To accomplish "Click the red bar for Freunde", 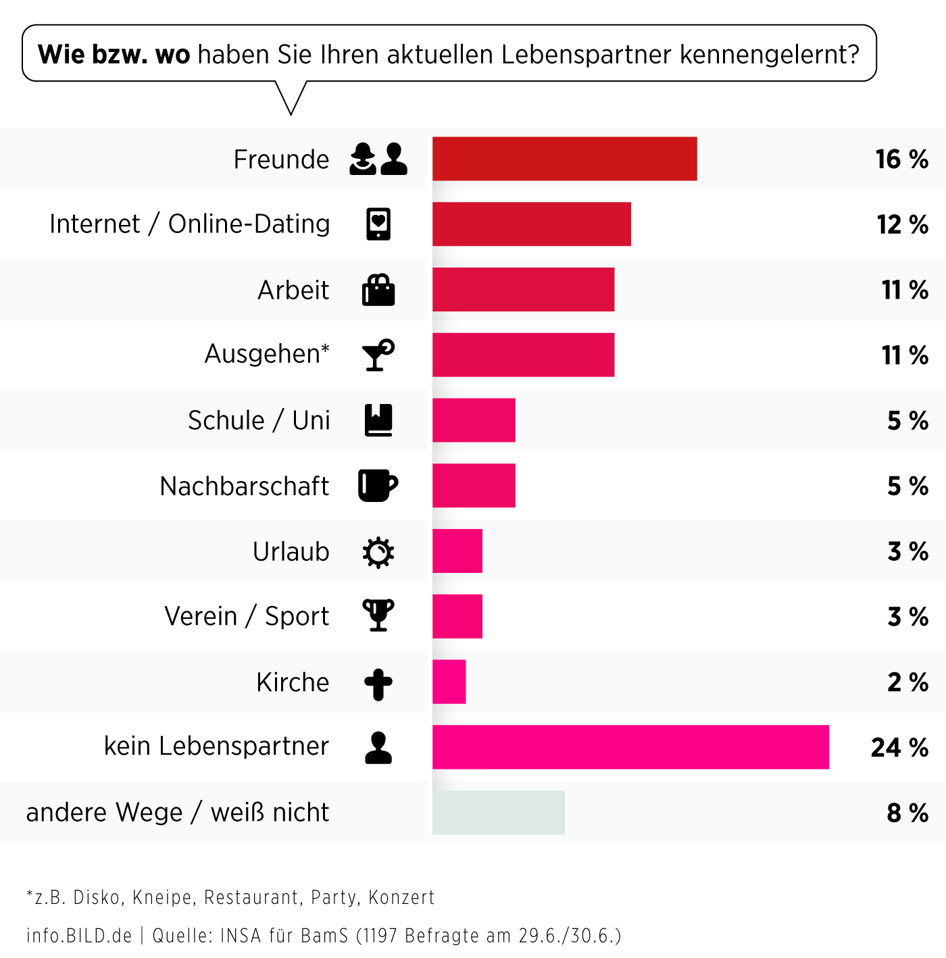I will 564,159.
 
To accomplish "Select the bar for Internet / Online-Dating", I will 531,224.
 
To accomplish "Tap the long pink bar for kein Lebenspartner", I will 630,747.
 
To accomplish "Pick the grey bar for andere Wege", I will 498,812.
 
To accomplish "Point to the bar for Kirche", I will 449,682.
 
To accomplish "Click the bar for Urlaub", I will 457,551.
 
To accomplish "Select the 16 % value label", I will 901,159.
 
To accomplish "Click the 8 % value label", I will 907,813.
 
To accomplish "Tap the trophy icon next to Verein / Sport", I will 378,615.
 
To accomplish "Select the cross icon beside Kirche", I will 378,684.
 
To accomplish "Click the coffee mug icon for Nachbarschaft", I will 377,485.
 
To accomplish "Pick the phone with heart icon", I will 378,224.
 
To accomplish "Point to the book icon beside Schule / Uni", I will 378,420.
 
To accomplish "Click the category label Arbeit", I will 293,290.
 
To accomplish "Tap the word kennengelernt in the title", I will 769,54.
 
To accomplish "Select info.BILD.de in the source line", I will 79,936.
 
